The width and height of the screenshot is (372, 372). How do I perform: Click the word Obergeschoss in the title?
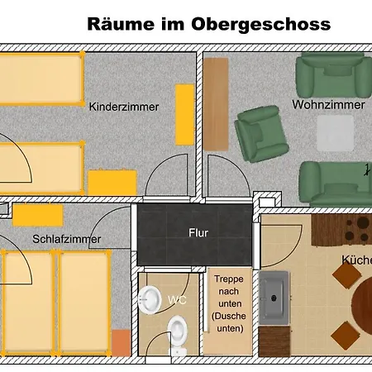[x=260, y=25]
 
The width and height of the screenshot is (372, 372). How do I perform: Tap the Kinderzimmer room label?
[x=124, y=107]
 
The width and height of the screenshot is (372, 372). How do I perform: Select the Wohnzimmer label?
[x=328, y=105]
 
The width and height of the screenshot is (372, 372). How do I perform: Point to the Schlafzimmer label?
[x=67, y=239]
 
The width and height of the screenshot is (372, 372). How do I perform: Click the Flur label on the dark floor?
[x=198, y=233]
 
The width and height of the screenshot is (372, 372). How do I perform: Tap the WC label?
[x=177, y=300]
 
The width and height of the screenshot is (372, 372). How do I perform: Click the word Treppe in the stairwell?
[x=229, y=279]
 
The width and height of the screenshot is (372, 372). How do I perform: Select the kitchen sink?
[x=274, y=298]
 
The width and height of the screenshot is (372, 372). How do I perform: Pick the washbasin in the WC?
[x=150, y=300]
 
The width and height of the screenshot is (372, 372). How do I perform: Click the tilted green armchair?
[x=261, y=134]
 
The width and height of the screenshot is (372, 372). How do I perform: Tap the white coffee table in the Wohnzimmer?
[x=335, y=133]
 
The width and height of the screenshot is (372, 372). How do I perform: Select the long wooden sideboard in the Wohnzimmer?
[x=216, y=104]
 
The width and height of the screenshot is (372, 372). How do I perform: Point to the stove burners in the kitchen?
[x=357, y=230]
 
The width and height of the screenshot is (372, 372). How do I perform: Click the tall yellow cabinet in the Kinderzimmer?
[x=185, y=115]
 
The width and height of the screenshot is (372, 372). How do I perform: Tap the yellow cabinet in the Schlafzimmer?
[x=38, y=216]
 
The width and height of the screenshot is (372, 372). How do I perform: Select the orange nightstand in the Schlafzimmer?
[x=121, y=343]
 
